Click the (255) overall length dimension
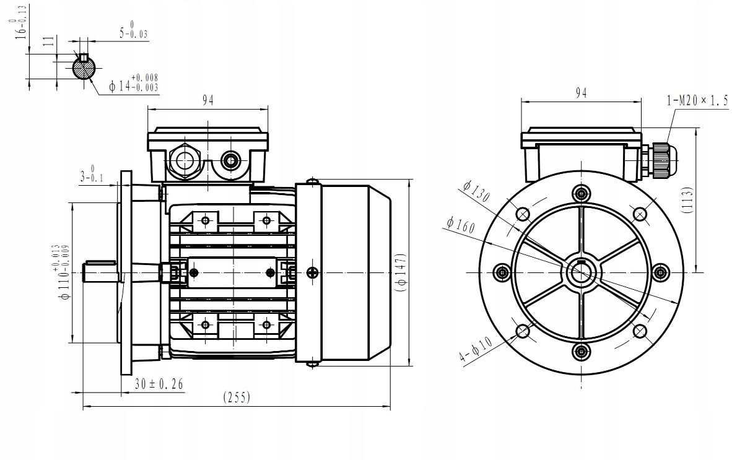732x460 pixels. pos(237,397)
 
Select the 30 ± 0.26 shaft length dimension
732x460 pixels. pos(159,384)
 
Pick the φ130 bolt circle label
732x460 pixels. pos(476,193)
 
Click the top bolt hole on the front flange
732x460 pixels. pos(581,194)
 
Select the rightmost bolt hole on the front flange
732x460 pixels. pos(660,272)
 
